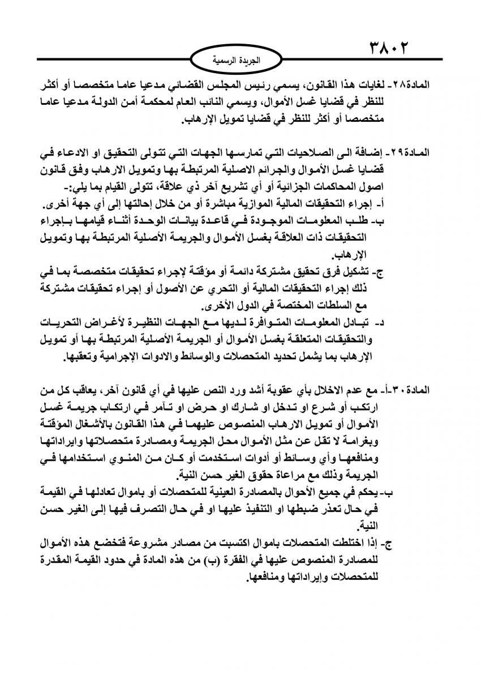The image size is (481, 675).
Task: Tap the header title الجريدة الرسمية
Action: click(x=239, y=58)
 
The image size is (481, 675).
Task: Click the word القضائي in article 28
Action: click(x=218, y=85)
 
